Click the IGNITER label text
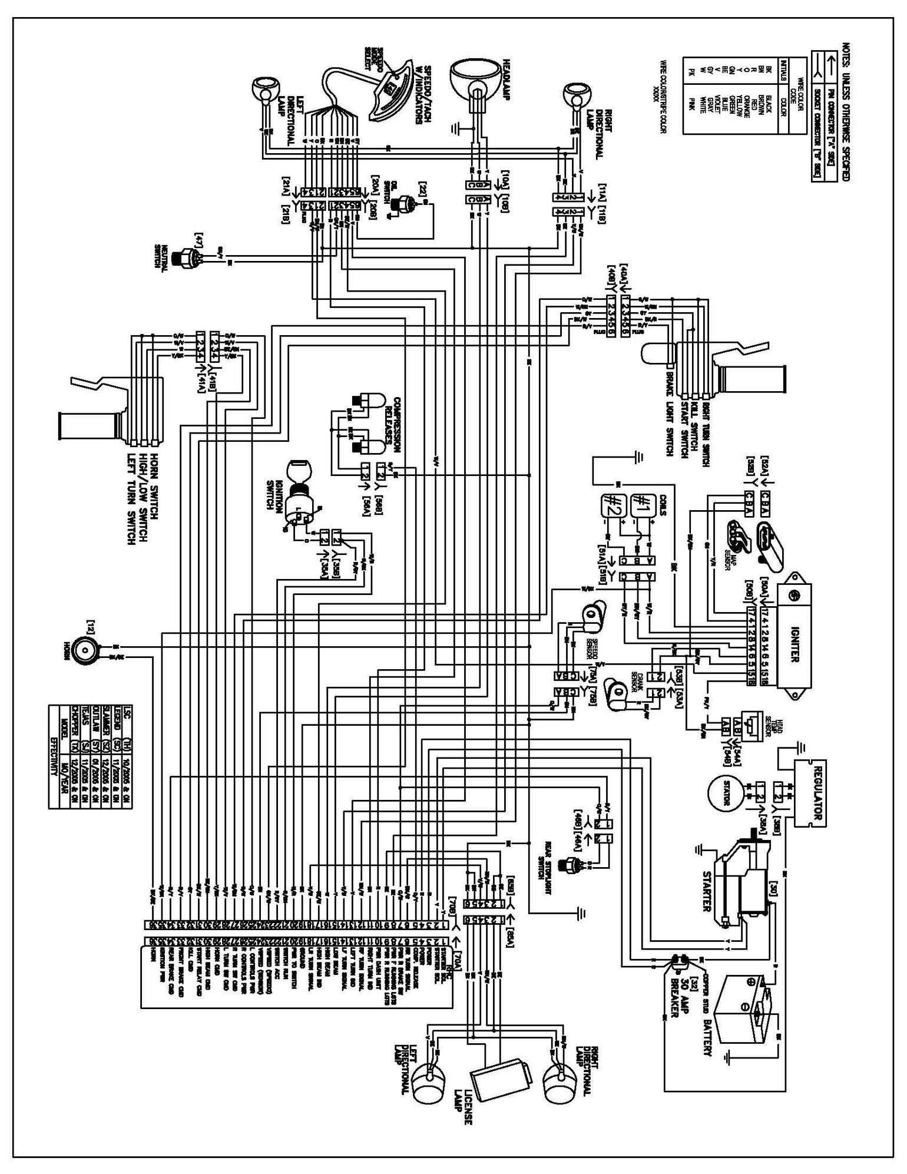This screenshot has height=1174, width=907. point(795,637)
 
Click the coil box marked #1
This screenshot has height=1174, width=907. point(641,504)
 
